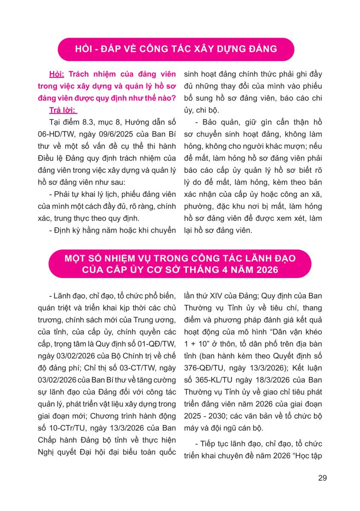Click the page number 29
pos(323,478)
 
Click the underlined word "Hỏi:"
pos(58,74)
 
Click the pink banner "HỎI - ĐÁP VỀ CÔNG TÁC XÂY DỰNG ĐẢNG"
pos(176,49)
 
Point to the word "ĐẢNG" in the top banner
pos(262,49)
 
